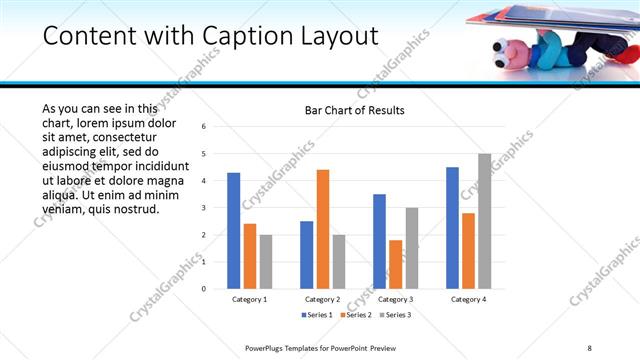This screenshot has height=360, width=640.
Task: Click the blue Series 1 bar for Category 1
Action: pyautogui.click(x=233, y=231)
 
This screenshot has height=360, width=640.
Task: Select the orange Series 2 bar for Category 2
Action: pyautogui.click(x=323, y=229)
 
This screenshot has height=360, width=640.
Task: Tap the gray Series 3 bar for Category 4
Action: pyautogui.click(x=485, y=221)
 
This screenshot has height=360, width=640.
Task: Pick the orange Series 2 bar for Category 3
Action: pyautogui.click(x=396, y=264)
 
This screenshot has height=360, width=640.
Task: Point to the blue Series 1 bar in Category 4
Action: pyautogui.click(x=452, y=228)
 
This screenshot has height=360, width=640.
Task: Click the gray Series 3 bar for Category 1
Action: pyautogui.click(x=266, y=262)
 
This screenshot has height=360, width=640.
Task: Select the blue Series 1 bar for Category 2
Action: pyautogui.click(x=306, y=255)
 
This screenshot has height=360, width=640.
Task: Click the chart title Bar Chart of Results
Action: pyautogui.click(x=354, y=110)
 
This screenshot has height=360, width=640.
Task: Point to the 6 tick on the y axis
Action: pyautogui.click(x=203, y=127)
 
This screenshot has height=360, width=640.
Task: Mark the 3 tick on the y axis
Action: pyautogui.click(x=203, y=208)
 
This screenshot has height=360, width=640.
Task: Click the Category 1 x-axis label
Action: pyautogui.click(x=249, y=299)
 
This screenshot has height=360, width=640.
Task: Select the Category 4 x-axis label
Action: pyautogui.click(x=468, y=299)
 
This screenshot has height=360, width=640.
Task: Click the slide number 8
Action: pyautogui.click(x=589, y=347)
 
